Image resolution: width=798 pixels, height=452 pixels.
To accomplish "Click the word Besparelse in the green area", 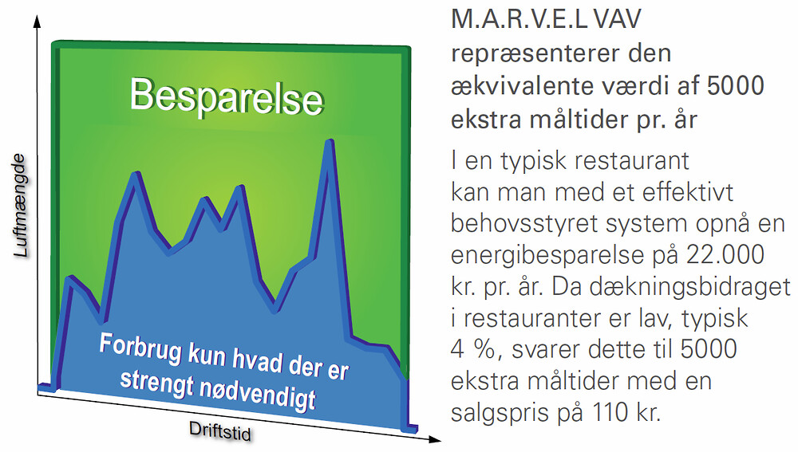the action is tap(227, 97).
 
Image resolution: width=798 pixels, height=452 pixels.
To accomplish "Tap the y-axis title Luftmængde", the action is tap(20, 206).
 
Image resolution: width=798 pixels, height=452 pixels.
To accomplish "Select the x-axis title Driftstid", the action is tap(220, 430).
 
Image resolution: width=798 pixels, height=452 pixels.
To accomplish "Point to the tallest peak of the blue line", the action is tap(330, 143).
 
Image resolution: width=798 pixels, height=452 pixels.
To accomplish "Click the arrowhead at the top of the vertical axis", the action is tap(37, 21).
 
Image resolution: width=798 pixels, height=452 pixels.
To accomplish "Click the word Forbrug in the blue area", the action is tap(140, 348).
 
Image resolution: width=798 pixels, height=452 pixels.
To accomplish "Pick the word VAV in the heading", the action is tap(617, 20).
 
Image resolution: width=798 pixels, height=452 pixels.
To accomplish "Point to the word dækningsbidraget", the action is tap(671, 287).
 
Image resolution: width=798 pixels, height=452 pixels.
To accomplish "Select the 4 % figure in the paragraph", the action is tap(472, 350).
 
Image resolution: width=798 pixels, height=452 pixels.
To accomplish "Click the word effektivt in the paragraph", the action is tap(688, 193).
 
